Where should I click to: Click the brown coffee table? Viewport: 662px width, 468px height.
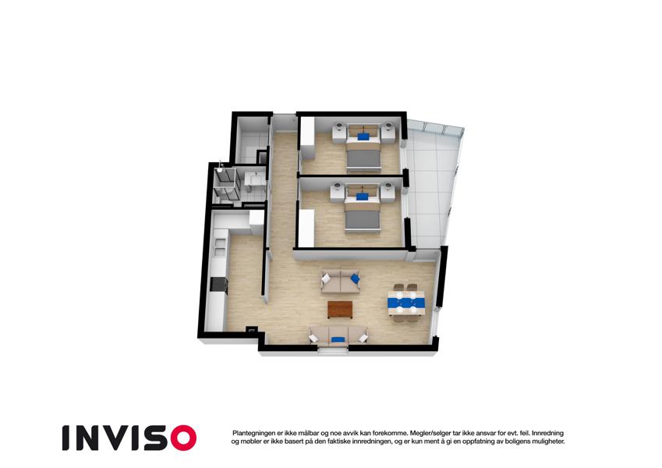point(340,309)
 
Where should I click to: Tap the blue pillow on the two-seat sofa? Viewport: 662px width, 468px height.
point(355,278)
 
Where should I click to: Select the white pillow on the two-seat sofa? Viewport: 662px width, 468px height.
point(326,278)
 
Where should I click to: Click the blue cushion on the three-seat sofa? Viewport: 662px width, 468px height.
point(337,339)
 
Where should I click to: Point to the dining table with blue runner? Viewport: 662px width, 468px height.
point(405,303)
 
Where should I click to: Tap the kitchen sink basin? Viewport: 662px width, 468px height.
point(220,247)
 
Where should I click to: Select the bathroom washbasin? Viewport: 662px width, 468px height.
point(257,179)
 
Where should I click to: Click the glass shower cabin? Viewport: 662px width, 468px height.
point(226,184)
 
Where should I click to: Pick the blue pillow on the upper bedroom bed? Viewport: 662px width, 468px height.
point(363,136)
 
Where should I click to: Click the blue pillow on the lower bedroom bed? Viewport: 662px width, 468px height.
point(362,197)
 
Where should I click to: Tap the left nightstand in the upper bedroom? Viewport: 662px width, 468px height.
point(339,132)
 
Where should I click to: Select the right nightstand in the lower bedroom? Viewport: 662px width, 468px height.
point(388,193)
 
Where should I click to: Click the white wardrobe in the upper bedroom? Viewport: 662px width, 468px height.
point(307,139)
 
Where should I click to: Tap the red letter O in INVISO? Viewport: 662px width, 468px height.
point(184,438)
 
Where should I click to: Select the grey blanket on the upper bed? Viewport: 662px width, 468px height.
point(363,158)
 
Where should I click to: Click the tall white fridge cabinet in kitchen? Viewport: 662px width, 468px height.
point(257,222)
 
